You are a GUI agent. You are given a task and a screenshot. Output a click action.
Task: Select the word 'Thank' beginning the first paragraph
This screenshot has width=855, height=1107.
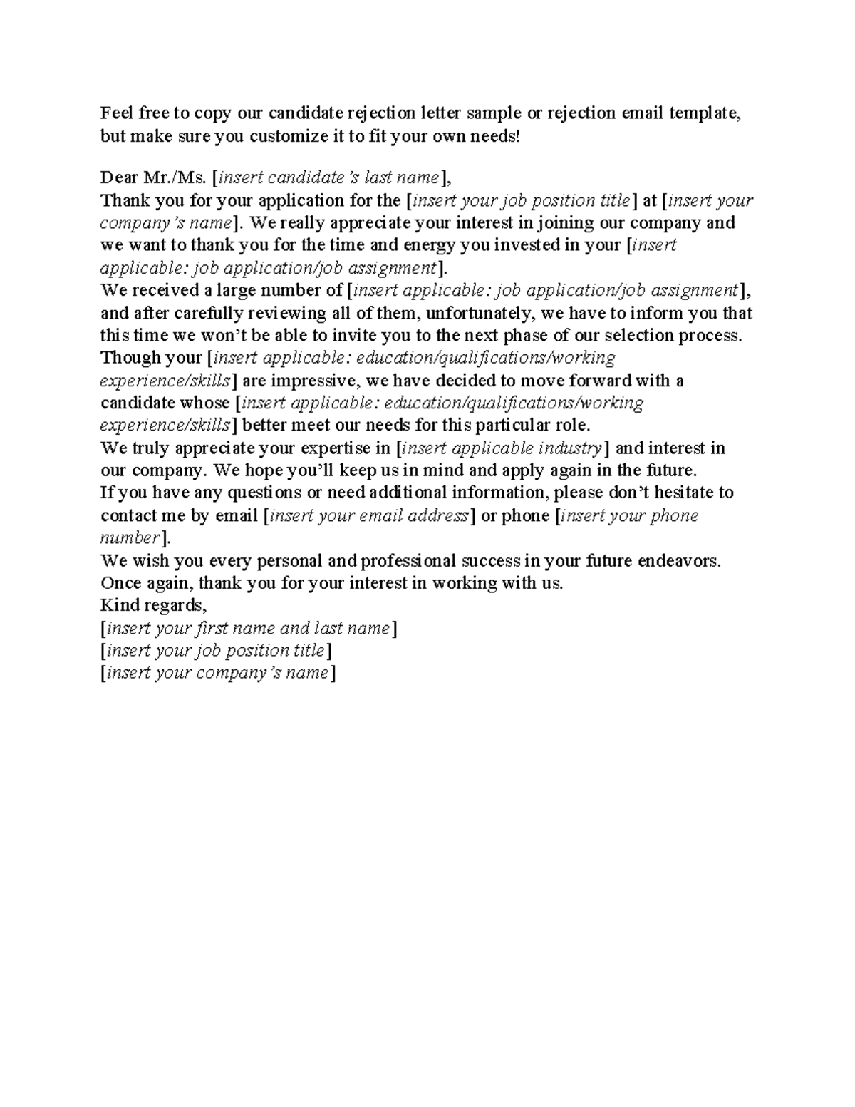click(x=123, y=200)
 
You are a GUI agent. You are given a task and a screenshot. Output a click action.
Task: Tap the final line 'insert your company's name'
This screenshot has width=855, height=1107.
click(x=217, y=673)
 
